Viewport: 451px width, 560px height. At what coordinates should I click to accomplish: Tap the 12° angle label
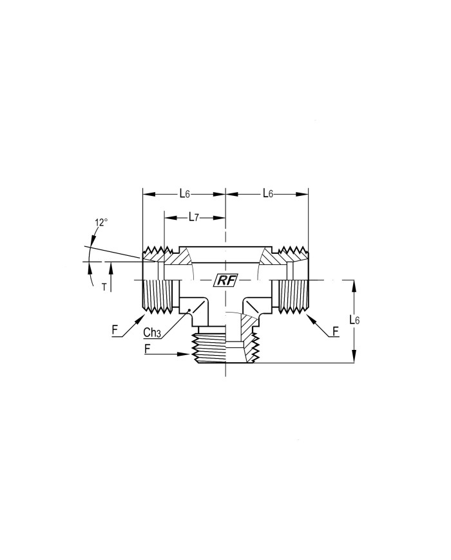(x=101, y=222)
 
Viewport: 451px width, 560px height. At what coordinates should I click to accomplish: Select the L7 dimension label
(x=193, y=217)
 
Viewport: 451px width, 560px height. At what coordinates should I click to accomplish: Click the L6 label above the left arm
(x=184, y=194)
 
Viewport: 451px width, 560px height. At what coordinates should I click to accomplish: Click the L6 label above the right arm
(x=268, y=194)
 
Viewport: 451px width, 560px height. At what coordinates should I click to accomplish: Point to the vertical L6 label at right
(x=354, y=320)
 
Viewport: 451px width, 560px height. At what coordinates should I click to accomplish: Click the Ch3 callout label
(x=152, y=333)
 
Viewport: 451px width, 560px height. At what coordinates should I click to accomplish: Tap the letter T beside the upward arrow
(x=104, y=287)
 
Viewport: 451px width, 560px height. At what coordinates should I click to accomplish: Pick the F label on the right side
(x=335, y=332)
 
